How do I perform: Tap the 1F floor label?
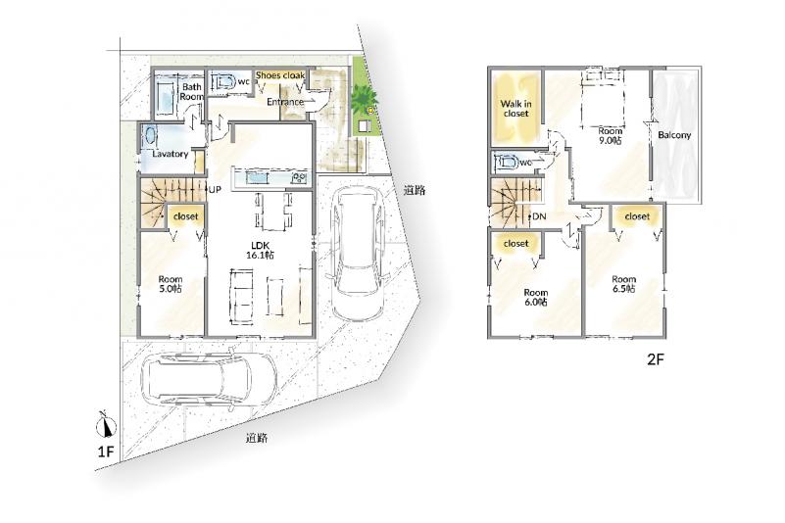pyautogui.click(x=106, y=452)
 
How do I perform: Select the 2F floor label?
pyautogui.click(x=655, y=358)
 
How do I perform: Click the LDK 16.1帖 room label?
pyautogui.click(x=260, y=250)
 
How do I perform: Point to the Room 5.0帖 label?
pyautogui.click(x=171, y=284)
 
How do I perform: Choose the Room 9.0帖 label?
pyautogui.click(x=611, y=135)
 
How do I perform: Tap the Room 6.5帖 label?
pyautogui.click(x=624, y=284)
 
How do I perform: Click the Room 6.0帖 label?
pyautogui.click(x=536, y=297)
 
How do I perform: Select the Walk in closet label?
pyautogui.click(x=516, y=109)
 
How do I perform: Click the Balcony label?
pyautogui.click(x=674, y=135)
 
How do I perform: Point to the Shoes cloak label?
pyautogui.click(x=280, y=75)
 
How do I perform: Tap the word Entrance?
pyautogui.click(x=285, y=102)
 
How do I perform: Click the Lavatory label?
pyautogui.click(x=171, y=154)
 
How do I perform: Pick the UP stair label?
pyautogui.click(x=215, y=189)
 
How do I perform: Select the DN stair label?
pyautogui.click(x=539, y=216)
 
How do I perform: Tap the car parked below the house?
pyautogui.click(x=209, y=379)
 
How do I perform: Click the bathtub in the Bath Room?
pyautogui.click(x=166, y=96)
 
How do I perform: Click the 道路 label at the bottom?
pyautogui.click(x=257, y=438)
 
